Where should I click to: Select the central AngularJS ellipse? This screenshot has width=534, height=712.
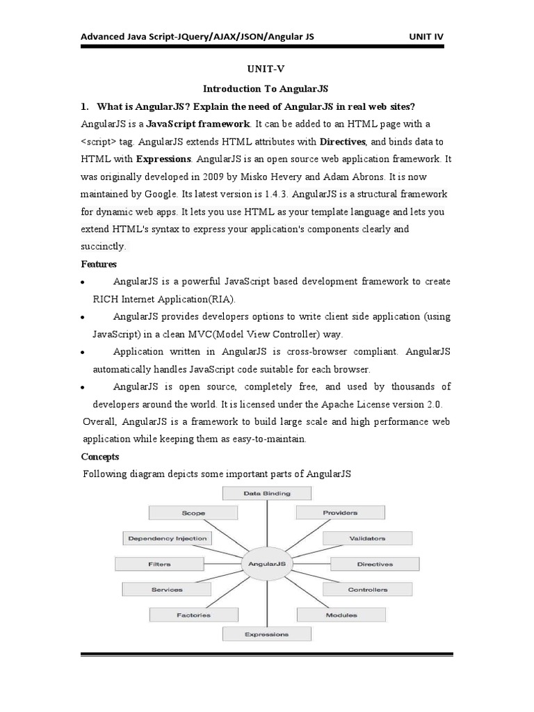tap(267, 564)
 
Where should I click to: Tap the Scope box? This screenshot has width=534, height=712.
tap(193, 513)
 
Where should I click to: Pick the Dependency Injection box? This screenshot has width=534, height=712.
tap(168, 538)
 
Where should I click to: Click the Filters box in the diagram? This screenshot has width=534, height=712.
tap(159, 564)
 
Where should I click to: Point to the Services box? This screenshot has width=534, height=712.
tap(167, 590)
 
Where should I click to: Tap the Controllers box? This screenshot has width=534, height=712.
tap(368, 590)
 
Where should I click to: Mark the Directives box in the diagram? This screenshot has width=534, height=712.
tap(375, 564)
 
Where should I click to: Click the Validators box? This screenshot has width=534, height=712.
tap(368, 538)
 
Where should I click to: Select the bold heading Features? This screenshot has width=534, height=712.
tap(99, 264)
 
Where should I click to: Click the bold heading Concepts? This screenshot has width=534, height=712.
tap(100, 457)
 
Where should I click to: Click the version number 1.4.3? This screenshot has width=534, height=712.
tap(281, 194)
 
